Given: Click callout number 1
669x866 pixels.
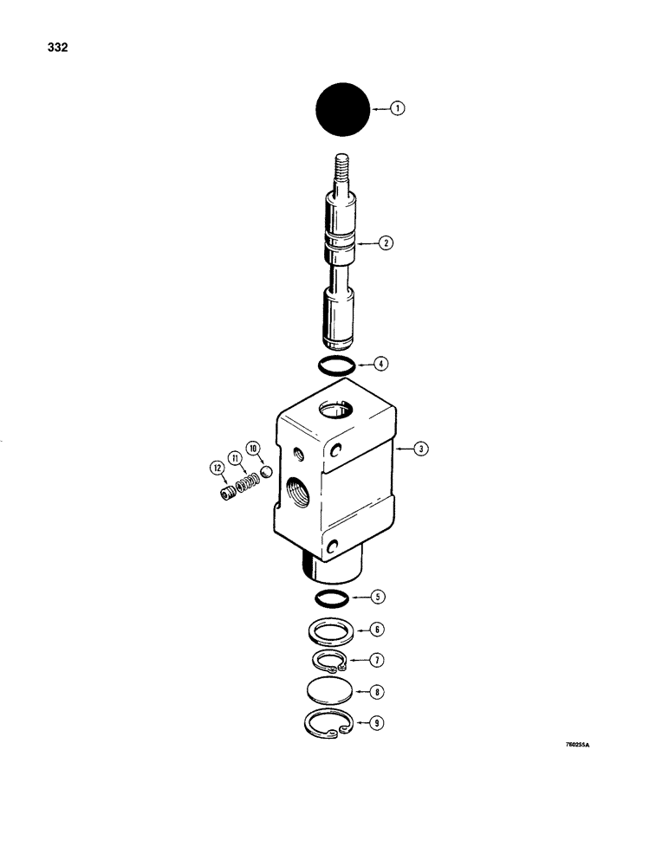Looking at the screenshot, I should [397, 109].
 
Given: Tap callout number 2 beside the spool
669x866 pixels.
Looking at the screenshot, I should [386, 244].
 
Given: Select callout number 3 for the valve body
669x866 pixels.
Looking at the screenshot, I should [419, 449].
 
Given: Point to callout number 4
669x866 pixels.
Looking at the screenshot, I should [379, 364].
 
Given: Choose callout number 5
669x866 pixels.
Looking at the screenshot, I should [379, 597].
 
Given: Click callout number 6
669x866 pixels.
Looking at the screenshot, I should [379, 630].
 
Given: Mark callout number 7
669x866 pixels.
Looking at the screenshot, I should [379, 661].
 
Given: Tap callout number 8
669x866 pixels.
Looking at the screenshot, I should [379, 693].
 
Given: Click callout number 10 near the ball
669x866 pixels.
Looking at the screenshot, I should [253, 448].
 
